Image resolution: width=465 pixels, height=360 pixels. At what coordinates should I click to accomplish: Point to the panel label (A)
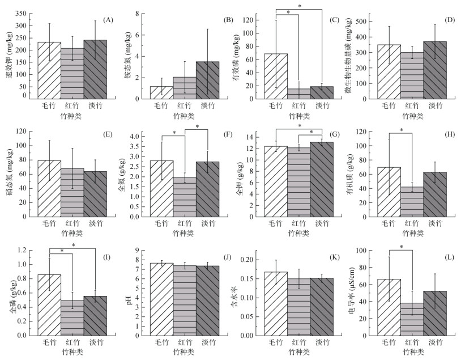108,20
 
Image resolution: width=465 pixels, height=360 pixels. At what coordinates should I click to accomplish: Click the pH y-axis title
130,300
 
